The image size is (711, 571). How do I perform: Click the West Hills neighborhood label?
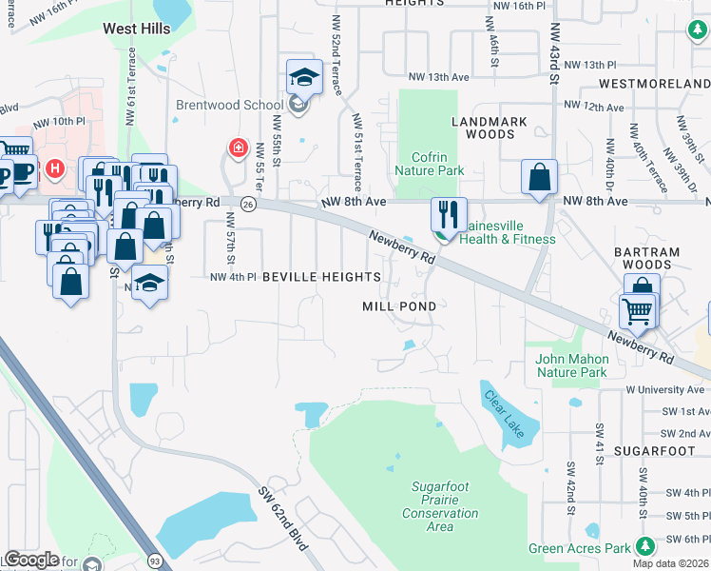137,30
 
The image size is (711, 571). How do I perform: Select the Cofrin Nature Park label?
436,164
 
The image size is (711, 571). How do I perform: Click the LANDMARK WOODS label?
483,128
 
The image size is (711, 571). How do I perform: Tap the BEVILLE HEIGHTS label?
321,277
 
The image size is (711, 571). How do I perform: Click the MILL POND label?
399,306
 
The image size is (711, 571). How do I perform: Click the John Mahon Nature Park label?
571,365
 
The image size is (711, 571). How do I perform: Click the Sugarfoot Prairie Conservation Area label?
440,506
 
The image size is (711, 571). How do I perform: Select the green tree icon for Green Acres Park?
645,546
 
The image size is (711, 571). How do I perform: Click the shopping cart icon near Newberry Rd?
636,310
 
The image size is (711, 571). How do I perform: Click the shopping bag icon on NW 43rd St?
539,176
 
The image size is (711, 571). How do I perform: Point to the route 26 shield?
247,203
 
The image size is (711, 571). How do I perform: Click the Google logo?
31,559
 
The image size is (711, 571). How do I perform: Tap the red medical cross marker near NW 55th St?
237,149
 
